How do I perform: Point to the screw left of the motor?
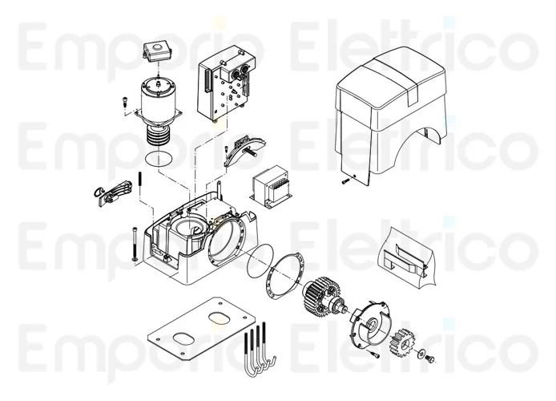click(126, 103)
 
